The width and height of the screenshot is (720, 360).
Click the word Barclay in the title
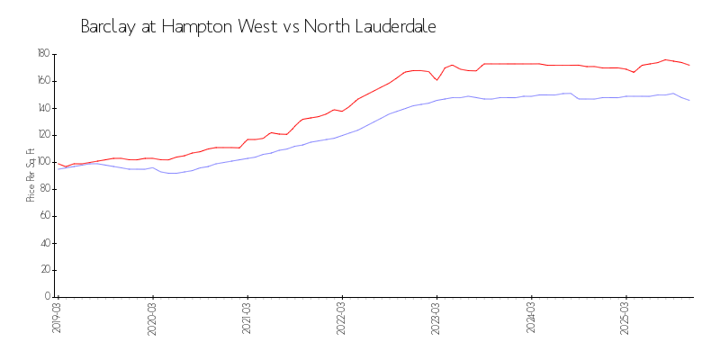107,27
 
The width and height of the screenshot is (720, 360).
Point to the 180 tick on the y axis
42,54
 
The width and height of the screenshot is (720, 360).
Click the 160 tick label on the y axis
42,81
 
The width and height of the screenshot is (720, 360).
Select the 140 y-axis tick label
42,108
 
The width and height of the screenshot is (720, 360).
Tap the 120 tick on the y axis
42,135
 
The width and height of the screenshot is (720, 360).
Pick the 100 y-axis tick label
42,162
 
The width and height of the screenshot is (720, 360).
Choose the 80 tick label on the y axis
44,189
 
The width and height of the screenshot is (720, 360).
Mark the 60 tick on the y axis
44,216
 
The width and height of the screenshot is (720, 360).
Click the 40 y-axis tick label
44,243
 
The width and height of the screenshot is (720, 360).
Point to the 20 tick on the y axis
44,270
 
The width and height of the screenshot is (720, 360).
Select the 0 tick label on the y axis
47,297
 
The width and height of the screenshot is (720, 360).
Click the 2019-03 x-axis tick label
57,319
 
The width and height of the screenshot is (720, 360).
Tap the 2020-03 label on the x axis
152,319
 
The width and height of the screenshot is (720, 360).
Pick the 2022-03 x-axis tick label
342,319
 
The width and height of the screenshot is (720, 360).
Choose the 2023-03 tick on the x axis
436,319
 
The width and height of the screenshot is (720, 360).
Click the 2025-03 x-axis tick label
626,319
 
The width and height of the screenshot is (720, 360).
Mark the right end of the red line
689,66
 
